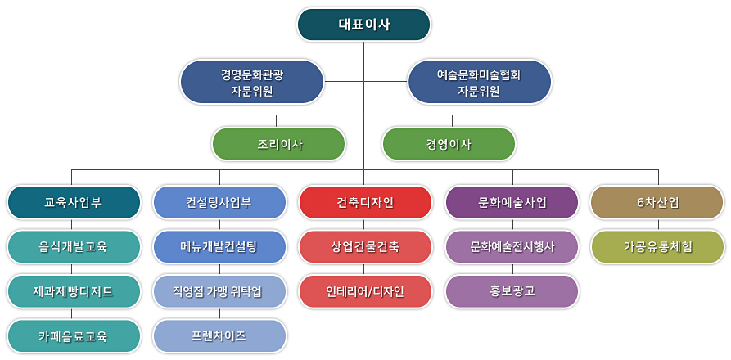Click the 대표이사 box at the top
363,25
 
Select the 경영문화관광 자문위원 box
252,82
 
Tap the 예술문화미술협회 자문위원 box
479,82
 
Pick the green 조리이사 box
279,144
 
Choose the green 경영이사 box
449,144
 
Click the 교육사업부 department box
74,203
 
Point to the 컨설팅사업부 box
219,203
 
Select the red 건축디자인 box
365,203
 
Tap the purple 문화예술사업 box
512,203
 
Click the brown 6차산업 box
657,203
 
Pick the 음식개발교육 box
74,247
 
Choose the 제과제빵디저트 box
74,291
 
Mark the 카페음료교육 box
74,336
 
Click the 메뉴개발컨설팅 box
219,247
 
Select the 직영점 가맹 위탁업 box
219,291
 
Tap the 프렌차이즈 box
219,336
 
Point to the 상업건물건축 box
365,247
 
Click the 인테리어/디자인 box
365,291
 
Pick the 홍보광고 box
512,291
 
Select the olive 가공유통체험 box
657,247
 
